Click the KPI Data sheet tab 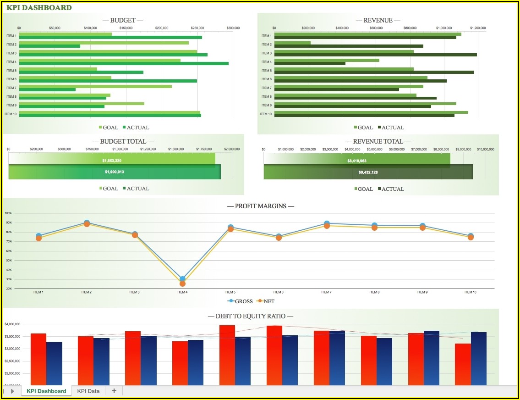coord(88,391)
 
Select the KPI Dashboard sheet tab coord(46,391)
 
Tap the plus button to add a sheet coord(114,391)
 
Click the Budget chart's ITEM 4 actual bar coord(124,63)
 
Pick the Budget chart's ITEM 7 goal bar coord(95,86)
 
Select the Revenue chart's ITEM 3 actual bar coord(375,55)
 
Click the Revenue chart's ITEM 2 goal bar coord(292,43)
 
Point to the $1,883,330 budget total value coord(112,161)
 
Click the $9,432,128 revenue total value coord(368,172)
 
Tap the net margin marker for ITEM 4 coord(182,283)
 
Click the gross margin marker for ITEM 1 coord(39,236)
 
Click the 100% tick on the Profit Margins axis coord(8,213)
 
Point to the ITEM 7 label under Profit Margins coord(326,292)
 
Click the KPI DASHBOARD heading coord(39,7)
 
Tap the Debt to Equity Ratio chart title coord(250,316)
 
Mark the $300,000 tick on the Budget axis coord(233,28)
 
